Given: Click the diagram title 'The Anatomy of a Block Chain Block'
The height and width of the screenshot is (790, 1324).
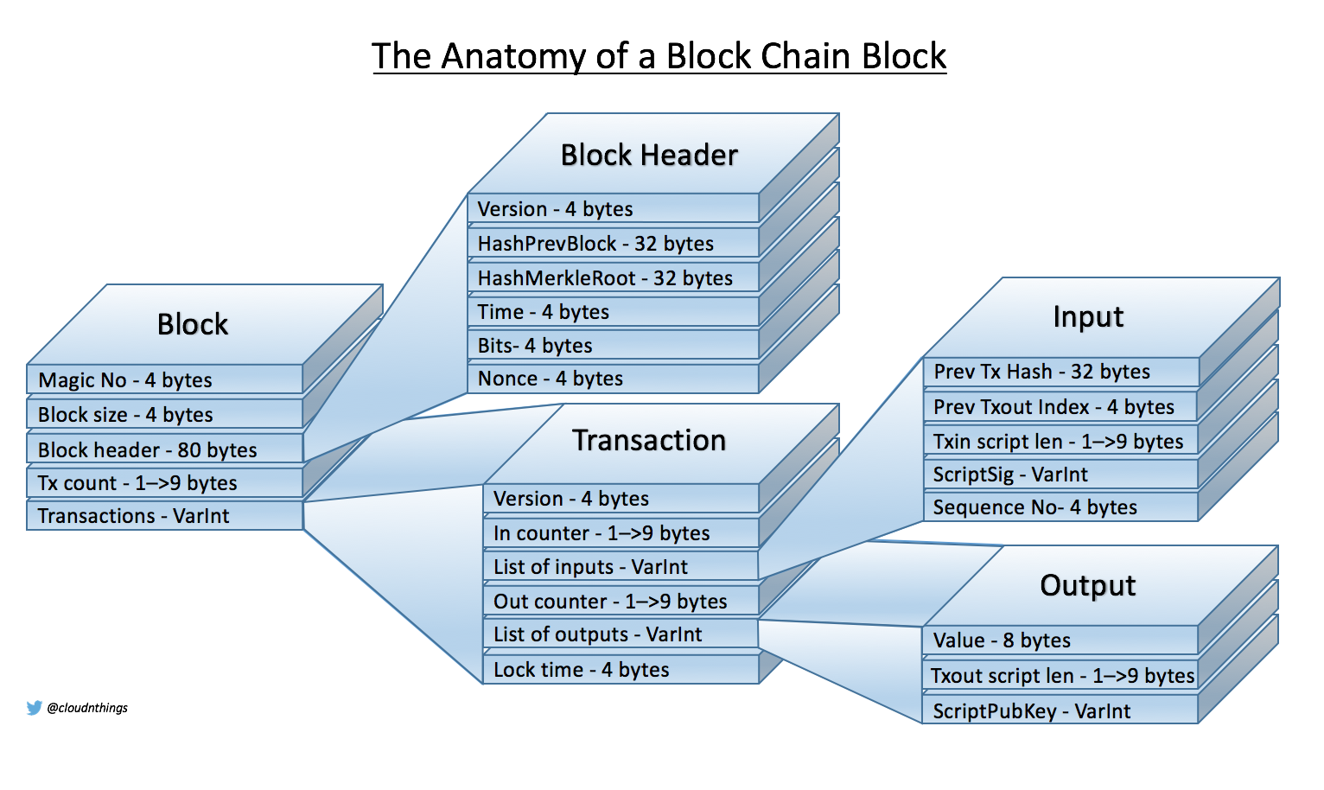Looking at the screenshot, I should (x=659, y=56).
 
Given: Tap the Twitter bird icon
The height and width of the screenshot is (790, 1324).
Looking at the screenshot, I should (x=35, y=708).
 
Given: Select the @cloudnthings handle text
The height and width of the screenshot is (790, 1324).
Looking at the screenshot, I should (x=87, y=708).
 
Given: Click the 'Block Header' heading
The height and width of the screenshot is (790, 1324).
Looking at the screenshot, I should (x=649, y=156).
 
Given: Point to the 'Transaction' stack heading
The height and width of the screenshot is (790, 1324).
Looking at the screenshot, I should (x=649, y=441).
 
